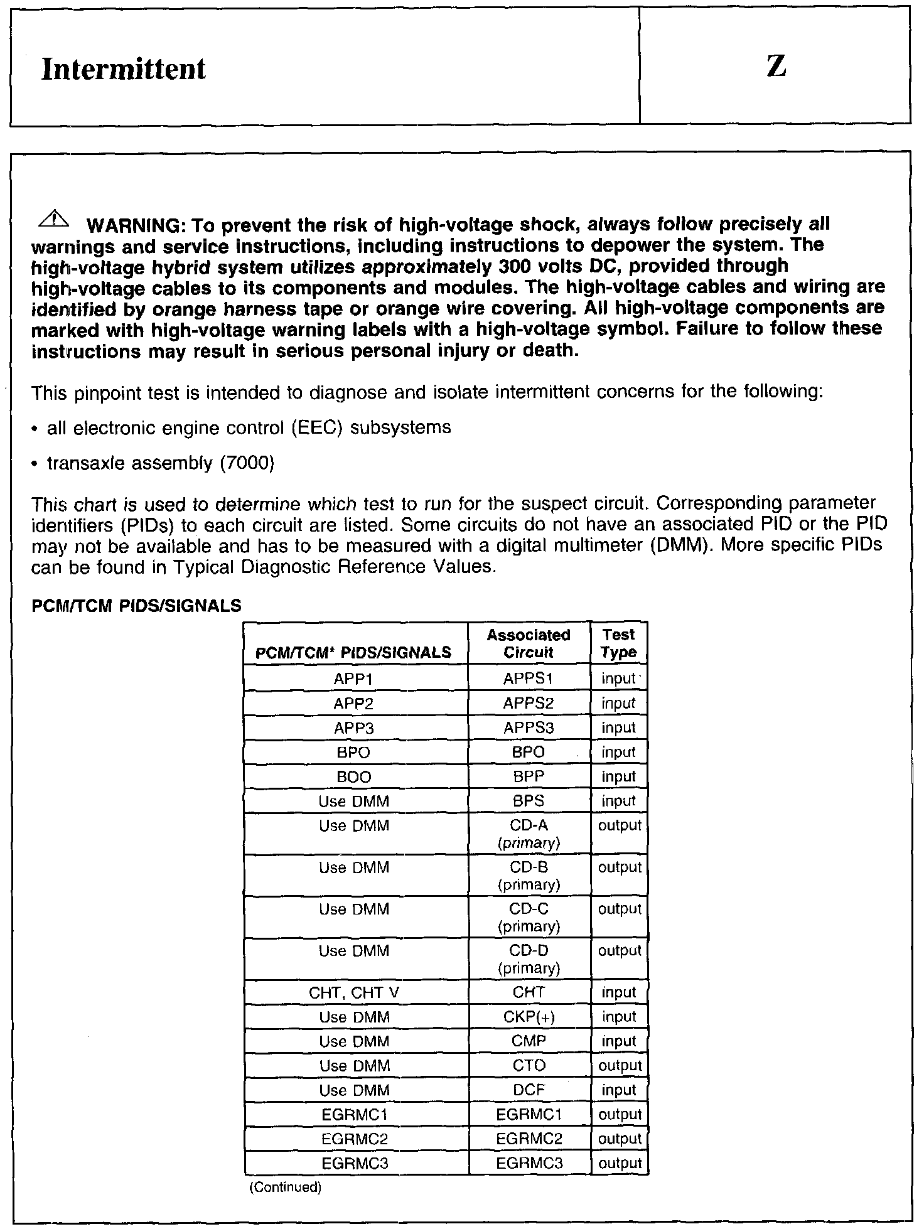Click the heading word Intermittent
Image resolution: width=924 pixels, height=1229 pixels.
pyautogui.click(x=123, y=68)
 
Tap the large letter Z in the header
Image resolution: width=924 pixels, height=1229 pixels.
pyautogui.click(x=776, y=66)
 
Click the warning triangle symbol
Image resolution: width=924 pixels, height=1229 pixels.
pyautogui.click(x=55, y=219)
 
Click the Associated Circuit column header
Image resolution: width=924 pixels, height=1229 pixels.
pyautogui.click(x=529, y=643)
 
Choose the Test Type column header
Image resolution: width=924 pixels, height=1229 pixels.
pyautogui.click(x=618, y=643)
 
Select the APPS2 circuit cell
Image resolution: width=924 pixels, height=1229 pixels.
pyautogui.click(x=529, y=704)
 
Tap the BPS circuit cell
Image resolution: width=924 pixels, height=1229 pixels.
pyautogui.click(x=529, y=802)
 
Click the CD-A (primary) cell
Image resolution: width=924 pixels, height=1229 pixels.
pyautogui.click(x=529, y=834)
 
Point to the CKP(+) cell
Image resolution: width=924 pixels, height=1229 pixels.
pyautogui.click(x=529, y=1017)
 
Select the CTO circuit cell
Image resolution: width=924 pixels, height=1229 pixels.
pyautogui.click(x=529, y=1066)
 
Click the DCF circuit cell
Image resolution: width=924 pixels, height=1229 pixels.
pyautogui.click(x=529, y=1090)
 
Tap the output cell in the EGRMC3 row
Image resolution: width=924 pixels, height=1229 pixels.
pyautogui.click(x=620, y=1164)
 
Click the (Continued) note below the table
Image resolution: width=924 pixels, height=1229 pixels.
pyautogui.click(x=286, y=1188)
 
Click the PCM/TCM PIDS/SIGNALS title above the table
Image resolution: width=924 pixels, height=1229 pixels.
pyautogui.click(x=136, y=606)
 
